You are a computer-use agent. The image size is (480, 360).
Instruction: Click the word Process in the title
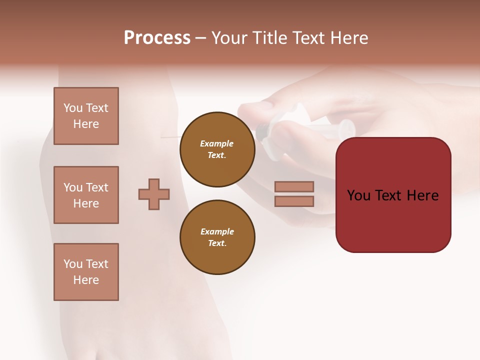click(x=157, y=38)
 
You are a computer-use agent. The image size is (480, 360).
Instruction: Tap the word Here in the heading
click(x=347, y=38)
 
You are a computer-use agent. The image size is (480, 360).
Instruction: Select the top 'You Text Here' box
click(x=86, y=116)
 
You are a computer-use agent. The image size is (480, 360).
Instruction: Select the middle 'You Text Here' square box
click(x=86, y=195)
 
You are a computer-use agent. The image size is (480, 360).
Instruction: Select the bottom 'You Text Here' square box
click(x=86, y=272)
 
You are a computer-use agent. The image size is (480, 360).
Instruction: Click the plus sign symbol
click(x=154, y=194)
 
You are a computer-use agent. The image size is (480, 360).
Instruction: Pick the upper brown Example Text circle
click(x=217, y=149)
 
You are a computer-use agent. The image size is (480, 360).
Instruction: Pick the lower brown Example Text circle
click(x=217, y=237)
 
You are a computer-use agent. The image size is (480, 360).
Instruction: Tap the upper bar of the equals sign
click(x=294, y=186)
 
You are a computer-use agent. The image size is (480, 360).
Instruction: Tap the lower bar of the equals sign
click(x=294, y=201)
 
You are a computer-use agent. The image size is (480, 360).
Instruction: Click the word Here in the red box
click(x=422, y=195)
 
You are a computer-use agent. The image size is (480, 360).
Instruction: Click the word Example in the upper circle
click(x=217, y=143)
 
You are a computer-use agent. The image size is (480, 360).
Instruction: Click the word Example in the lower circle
click(x=217, y=231)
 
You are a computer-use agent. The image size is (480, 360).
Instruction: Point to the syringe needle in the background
click(x=170, y=135)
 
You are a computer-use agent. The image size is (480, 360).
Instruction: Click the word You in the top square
click(x=73, y=108)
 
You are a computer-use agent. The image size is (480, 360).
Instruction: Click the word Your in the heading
click(x=229, y=38)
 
